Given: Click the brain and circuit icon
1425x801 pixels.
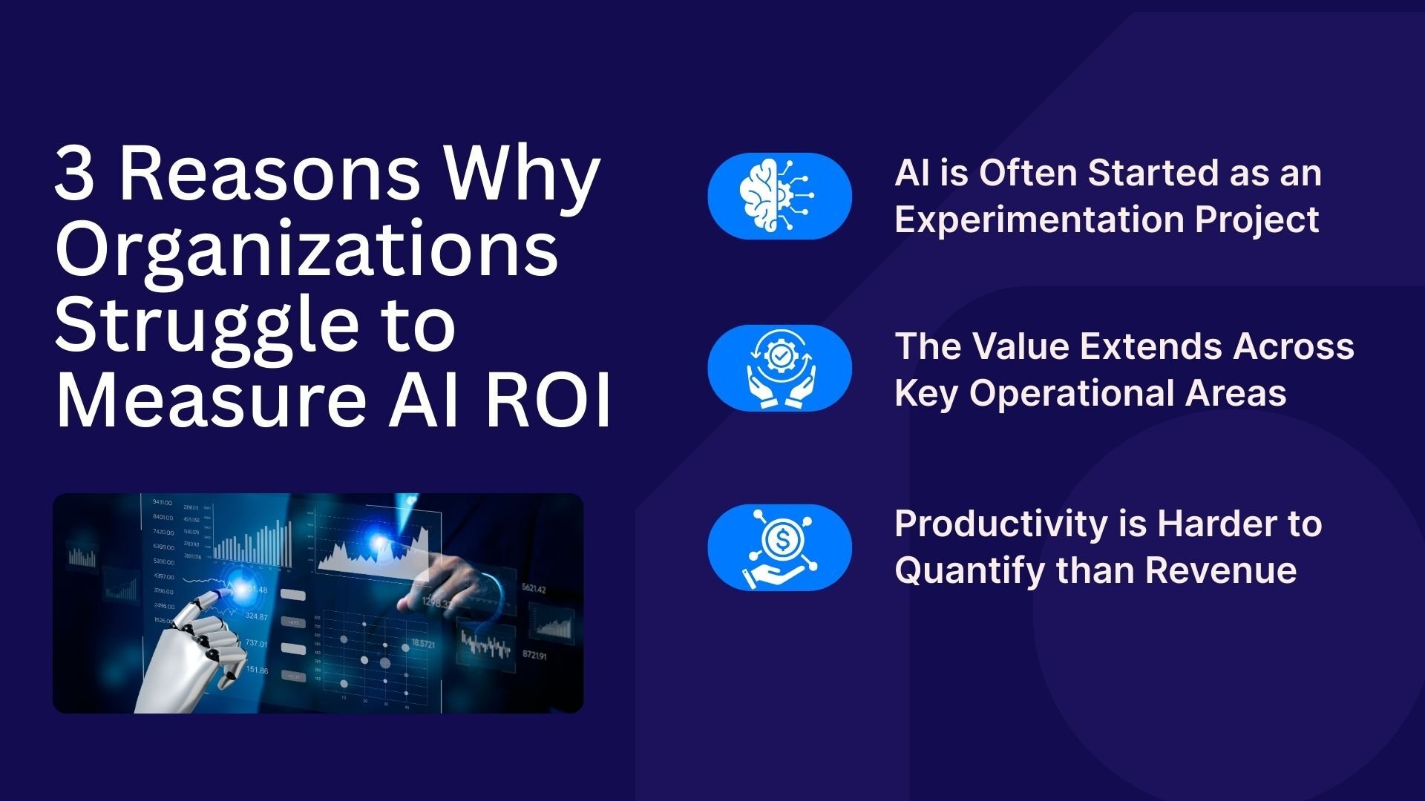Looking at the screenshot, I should pyautogui.click(x=779, y=196).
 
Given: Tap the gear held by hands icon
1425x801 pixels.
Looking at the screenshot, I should pyautogui.click(x=779, y=368).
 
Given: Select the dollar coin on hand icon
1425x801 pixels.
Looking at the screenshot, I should pyautogui.click(x=779, y=547).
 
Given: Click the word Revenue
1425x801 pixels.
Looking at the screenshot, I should pyautogui.click(x=1221, y=570).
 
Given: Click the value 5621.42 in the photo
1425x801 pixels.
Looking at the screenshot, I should pyautogui.click(x=534, y=589).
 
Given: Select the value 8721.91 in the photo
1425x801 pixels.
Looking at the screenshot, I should pyautogui.click(x=534, y=656).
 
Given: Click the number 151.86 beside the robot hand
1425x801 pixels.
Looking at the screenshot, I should pyautogui.click(x=257, y=670).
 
